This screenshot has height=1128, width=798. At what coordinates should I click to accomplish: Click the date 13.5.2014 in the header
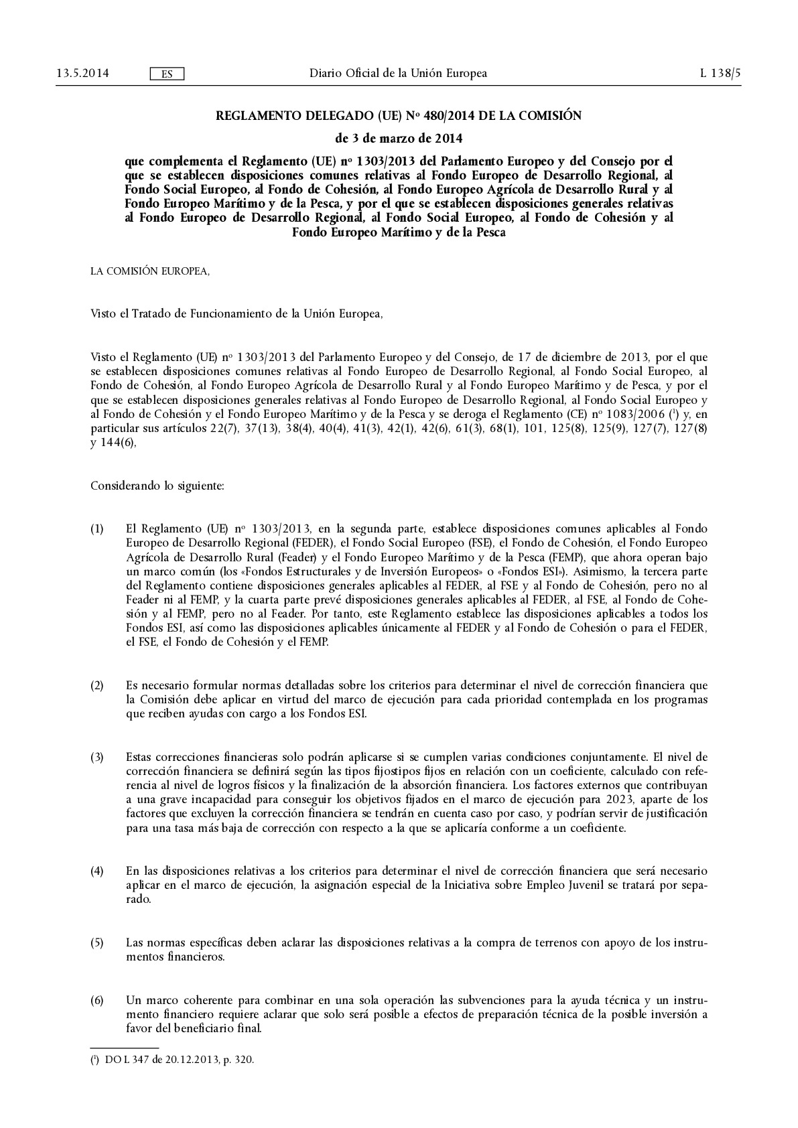[x=74, y=73]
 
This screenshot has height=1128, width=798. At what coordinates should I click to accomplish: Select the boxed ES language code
[x=167, y=74]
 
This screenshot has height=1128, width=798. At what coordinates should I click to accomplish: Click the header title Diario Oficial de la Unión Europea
[x=398, y=73]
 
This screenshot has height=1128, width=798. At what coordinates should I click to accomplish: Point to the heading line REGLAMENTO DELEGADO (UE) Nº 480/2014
[x=398, y=116]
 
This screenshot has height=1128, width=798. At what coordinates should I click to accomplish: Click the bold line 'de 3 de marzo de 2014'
[x=398, y=139]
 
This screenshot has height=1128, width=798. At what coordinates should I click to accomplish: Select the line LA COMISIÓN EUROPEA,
[x=150, y=271]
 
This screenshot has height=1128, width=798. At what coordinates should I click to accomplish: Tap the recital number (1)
[x=97, y=529]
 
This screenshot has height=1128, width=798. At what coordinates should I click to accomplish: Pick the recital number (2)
[x=97, y=685]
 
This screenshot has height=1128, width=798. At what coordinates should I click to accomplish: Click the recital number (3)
[x=97, y=757]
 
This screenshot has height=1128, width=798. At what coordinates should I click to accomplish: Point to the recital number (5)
[x=97, y=942]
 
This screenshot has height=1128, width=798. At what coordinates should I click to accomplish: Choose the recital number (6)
[x=97, y=1000]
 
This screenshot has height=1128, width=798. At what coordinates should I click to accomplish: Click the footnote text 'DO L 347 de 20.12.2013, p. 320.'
[x=180, y=1060]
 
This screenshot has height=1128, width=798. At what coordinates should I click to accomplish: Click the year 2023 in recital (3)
[x=616, y=800]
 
